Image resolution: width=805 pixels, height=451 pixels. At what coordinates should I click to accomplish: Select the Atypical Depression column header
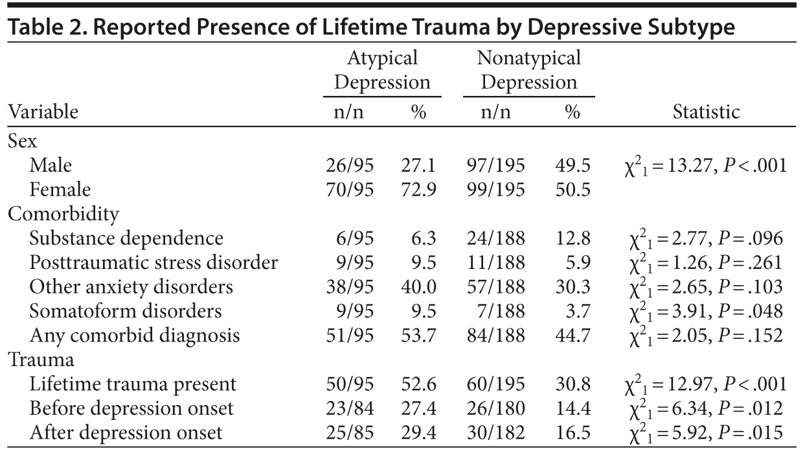(x=382, y=71)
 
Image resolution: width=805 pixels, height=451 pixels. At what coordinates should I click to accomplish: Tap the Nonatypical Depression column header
(x=528, y=71)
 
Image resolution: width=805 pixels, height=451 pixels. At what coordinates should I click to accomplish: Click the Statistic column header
(x=706, y=112)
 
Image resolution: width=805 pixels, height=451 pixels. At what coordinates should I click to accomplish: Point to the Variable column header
(x=43, y=112)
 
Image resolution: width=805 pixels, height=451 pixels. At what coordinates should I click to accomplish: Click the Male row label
(x=51, y=166)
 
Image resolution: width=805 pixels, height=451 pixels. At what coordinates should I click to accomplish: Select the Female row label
(x=60, y=190)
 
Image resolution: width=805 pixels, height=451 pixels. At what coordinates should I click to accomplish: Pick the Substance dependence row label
(x=126, y=238)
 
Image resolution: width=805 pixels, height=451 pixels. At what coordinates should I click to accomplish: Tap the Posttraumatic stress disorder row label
(x=153, y=262)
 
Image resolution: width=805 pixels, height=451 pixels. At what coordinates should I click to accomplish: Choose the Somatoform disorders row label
(x=125, y=311)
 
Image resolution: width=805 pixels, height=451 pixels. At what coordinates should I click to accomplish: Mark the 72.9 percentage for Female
(x=418, y=190)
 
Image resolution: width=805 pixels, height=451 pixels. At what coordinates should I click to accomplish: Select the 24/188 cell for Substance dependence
(x=495, y=238)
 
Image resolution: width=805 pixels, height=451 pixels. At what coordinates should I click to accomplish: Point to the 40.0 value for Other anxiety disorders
(x=418, y=286)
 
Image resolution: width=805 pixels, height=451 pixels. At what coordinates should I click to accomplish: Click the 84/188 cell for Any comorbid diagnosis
(x=495, y=335)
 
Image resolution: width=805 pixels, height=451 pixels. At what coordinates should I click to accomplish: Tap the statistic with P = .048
(x=702, y=311)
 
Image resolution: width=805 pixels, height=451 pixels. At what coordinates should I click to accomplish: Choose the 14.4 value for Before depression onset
(x=573, y=408)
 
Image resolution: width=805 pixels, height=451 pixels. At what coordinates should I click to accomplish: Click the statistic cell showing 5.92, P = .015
(x=702, y=432)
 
